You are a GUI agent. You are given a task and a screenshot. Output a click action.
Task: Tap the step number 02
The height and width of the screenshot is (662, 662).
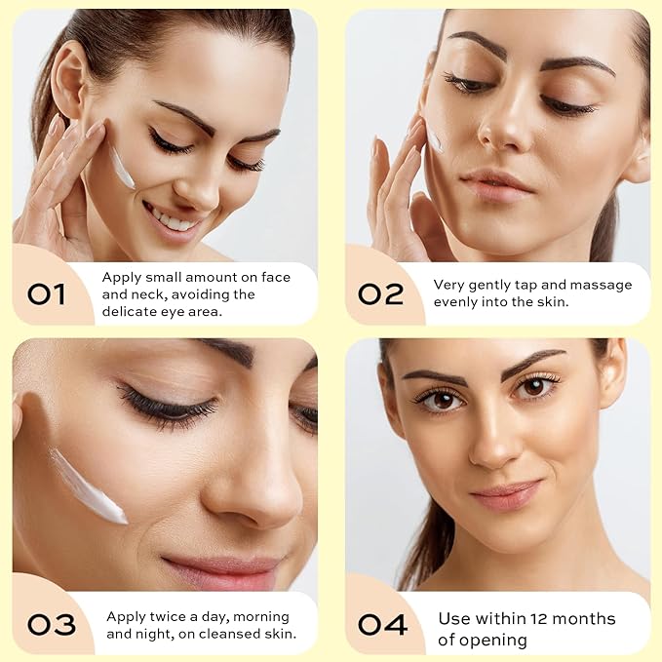click(x=381, y=292)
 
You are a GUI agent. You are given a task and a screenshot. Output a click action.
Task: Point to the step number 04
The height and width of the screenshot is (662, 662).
click(x=382, y=624)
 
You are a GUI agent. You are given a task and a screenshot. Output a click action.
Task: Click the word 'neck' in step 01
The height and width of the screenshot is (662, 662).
click(x=155, y=293)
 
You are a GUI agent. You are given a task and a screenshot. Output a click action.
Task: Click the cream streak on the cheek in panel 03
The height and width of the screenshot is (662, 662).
click(x=88, y=485)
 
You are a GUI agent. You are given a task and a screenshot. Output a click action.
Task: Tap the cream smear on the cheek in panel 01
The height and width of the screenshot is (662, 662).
click(x=122, y=168)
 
